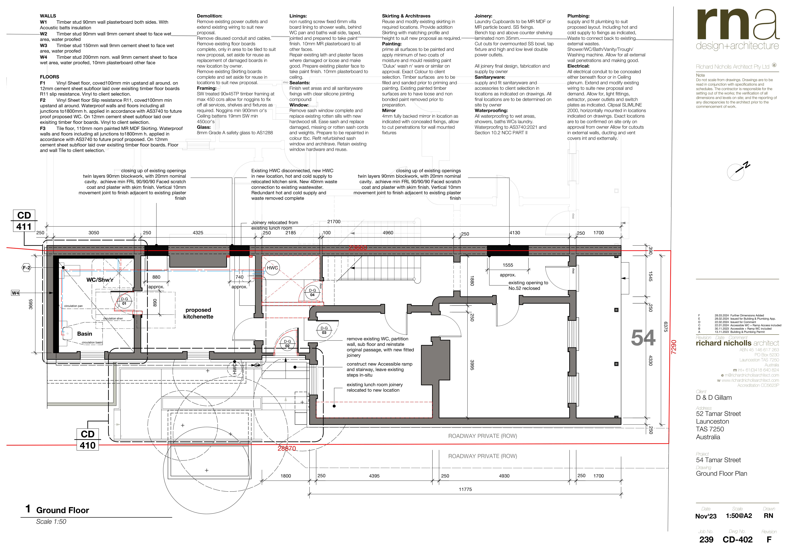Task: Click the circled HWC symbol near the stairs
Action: (272, 268)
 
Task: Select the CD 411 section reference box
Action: (24, 221)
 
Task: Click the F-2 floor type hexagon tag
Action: (26, 268)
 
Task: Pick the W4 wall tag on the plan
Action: (15, 293)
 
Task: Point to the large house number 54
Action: (643, 338)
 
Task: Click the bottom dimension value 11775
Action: (465, 489)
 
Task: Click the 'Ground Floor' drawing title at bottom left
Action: (63, 510)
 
